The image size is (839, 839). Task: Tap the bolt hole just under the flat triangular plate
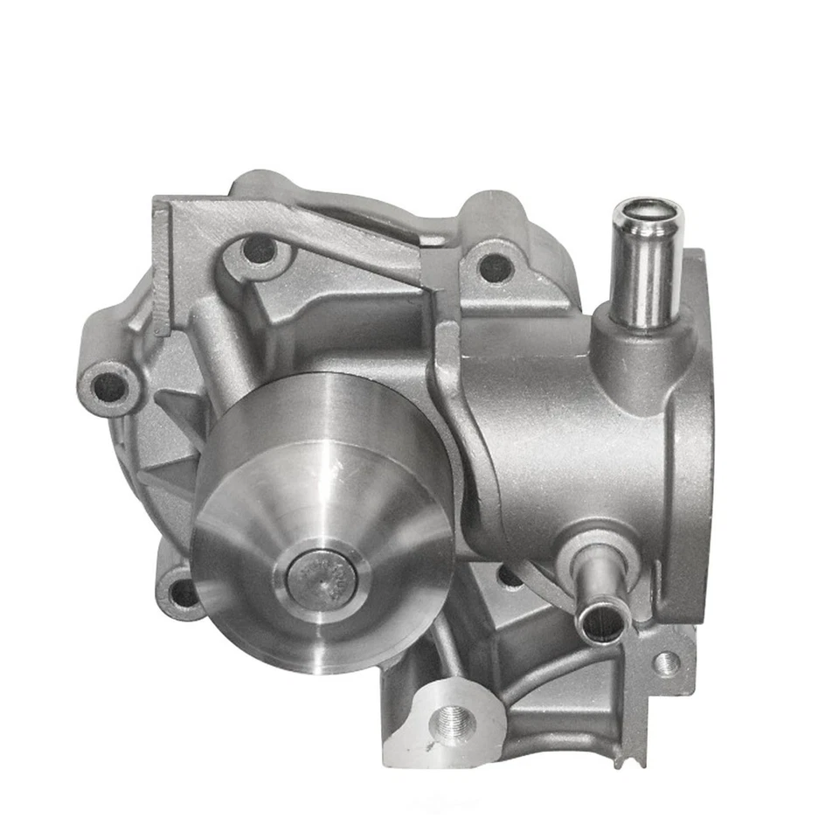[x=259, y=250]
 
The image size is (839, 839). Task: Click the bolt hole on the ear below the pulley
[x=184, y=593]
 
